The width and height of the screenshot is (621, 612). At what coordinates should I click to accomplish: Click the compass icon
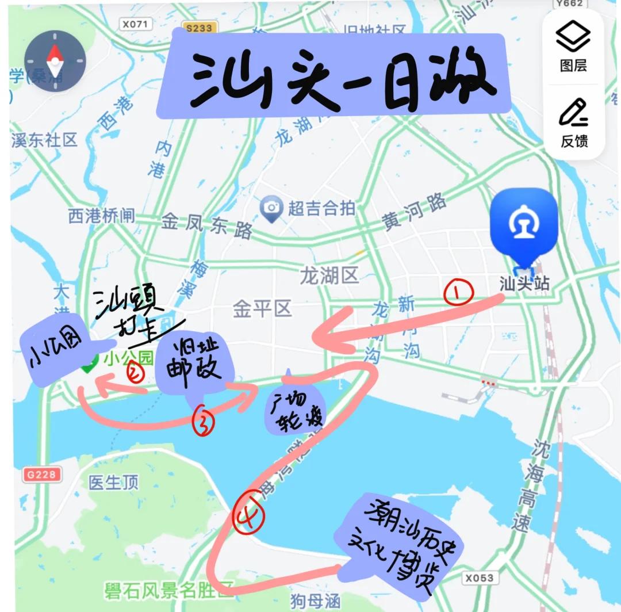pos(55,62)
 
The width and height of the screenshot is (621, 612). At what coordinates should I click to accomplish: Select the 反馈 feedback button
pos(573,122)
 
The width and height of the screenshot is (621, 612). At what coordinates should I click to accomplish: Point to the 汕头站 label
pos(524,284)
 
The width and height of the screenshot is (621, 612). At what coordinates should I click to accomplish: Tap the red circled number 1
pos(458,293)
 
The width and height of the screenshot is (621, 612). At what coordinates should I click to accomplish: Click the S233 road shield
pos(199,28)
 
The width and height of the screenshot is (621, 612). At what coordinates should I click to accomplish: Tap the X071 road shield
pos(136,24)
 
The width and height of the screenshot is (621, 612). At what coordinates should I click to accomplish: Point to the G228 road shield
pos(41,475)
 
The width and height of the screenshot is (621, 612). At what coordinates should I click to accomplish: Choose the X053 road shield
pos(479,577)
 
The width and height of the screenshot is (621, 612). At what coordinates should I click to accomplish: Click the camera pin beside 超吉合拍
pos(270,209)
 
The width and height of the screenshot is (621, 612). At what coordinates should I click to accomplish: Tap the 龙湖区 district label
pos(329,276)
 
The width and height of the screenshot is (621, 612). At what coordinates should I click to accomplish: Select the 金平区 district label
pos(262,309)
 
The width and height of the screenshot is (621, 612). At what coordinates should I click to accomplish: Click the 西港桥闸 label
pos(101,216)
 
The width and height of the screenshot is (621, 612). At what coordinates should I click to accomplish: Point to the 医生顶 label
pos(114,483)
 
